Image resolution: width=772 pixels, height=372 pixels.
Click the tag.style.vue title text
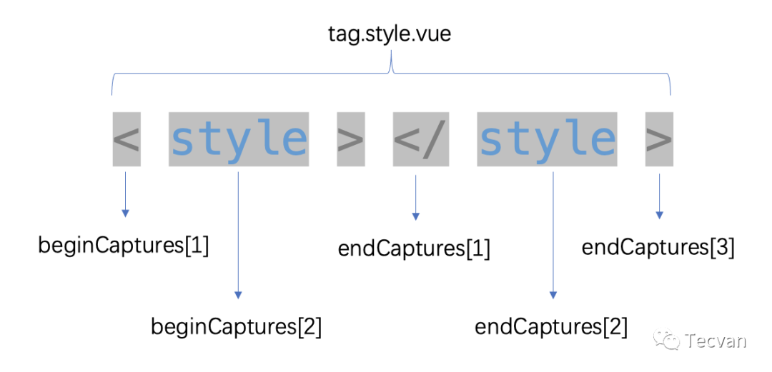pos(390,34)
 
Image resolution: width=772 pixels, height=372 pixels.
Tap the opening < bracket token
pos(126,139)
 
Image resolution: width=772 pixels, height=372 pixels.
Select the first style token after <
pos(239,139)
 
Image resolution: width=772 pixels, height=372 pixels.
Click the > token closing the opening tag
pos(350,139)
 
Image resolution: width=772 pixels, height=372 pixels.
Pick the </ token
pos(421,139)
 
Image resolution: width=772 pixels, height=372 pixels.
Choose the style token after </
pos(547,139)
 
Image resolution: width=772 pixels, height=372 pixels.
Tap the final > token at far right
pos(659,139)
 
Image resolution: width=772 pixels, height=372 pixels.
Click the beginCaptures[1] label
pos(124,246)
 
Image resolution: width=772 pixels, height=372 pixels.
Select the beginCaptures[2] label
pos(237,327)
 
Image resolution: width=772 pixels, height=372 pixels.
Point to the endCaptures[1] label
pos(415,249)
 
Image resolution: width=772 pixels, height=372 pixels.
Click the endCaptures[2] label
pos(551,327)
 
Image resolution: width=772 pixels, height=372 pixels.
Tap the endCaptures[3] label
pos(658,247)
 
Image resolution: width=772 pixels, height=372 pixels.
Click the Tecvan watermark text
pos(716,341)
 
